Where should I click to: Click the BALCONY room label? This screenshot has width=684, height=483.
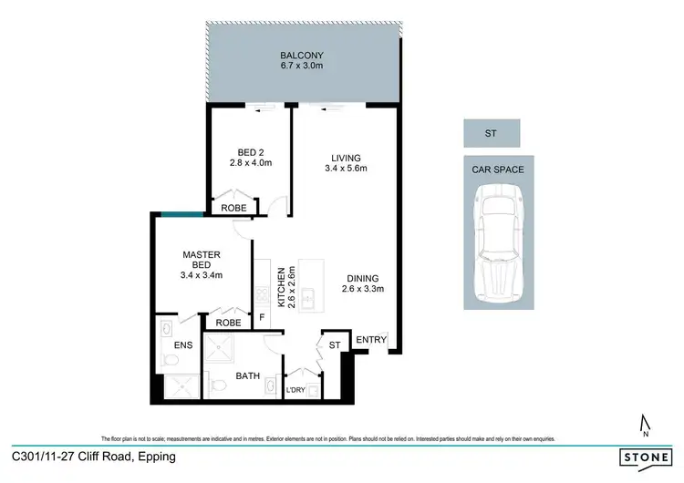pos(301,55)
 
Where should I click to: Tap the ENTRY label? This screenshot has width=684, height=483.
pos(371,341)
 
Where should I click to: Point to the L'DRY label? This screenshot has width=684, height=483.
pos(295,390)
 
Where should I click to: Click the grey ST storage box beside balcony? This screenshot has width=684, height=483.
pos(491,133)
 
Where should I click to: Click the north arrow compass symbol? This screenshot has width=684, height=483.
pos(645,424)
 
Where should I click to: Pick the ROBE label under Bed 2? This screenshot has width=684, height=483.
pos(233,209)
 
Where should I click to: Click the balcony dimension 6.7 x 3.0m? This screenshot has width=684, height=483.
pos(301,67)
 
